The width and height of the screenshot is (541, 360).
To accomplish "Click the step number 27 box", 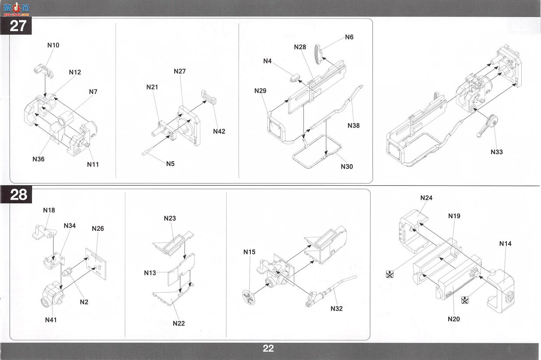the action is (16, 25).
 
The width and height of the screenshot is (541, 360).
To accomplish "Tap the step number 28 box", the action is (16, 194).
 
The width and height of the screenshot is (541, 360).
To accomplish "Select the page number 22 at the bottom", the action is (268, 349).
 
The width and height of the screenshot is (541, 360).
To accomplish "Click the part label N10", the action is (53, 45).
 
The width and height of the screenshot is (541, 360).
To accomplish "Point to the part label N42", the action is (219, 131).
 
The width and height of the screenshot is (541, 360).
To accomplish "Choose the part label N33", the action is (496, 152).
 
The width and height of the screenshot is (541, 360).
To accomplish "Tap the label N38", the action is (354, 125).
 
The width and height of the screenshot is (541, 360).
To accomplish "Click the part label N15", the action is (249, 252).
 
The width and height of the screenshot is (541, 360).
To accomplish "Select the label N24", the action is (426, 198).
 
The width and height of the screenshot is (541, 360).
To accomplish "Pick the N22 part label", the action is (179, 323).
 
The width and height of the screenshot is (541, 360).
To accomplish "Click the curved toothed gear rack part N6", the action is (318, 54).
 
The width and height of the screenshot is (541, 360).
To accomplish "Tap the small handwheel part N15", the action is (249, 297).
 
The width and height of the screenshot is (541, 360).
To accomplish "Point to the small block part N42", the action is (209, 97).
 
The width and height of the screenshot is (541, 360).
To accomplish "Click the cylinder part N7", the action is (66, 119).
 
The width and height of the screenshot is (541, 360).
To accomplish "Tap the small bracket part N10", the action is (43, 71).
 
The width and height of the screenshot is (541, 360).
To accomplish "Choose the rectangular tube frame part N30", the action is (316, 152).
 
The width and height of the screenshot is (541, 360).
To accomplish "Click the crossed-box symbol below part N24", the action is (390, 274).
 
